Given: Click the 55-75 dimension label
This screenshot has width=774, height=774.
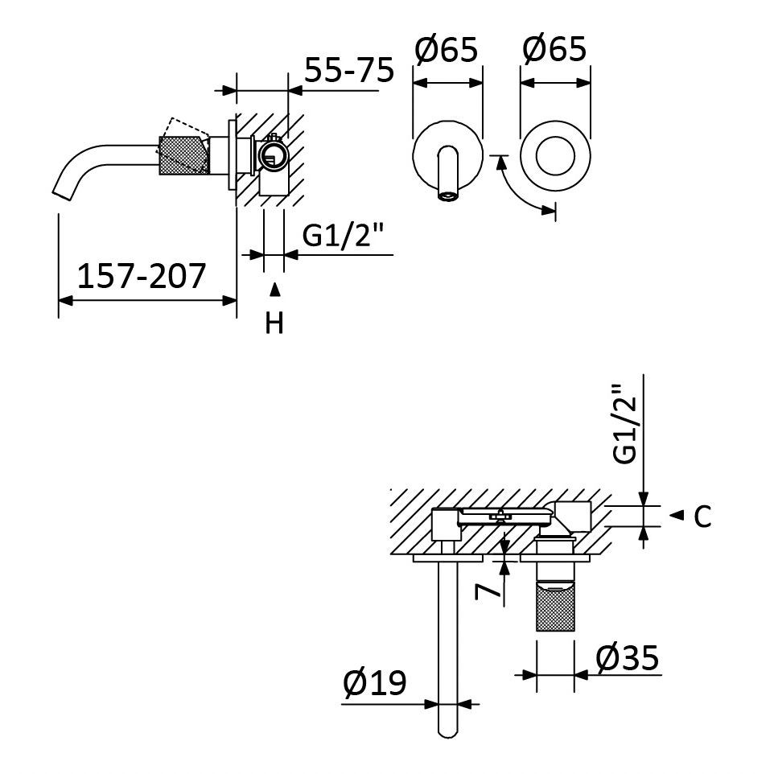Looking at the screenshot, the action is pyautogui.click(x=349, y=69).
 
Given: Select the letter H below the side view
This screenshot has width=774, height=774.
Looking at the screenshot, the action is pyautogui.click(x=274, y=323).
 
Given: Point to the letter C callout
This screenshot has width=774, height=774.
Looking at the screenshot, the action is pyautogui.click(x=702, y=517).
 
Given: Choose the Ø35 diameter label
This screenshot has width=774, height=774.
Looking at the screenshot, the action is pyautogui.click(x=627, y=657).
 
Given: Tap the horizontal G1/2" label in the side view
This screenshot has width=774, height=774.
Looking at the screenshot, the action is pyautogui.click(x=343, y=236).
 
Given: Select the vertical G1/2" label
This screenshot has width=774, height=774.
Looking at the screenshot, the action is pyautogui.click(x=624, y=424).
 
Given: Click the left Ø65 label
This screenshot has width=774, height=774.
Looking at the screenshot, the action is pyautogui.click(x=447, y=49).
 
